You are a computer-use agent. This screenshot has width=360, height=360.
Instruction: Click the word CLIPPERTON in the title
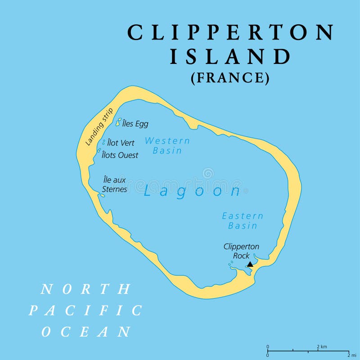[230, 33]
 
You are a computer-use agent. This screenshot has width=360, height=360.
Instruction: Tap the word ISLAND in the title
[230, 57]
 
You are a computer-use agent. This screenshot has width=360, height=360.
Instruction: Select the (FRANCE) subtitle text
[230, 78]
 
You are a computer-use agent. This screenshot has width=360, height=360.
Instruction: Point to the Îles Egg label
[135, 124]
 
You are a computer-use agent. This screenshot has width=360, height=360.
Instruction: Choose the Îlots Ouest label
[120, 155]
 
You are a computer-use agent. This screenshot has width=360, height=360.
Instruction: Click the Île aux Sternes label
[115, 184]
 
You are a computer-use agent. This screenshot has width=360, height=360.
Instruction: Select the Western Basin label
[167, 145]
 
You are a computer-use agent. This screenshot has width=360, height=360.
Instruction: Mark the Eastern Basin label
[243, 221]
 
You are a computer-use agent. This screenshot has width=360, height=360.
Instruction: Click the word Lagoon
[193, 191]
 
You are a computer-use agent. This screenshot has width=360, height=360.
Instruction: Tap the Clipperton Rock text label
[241, 251]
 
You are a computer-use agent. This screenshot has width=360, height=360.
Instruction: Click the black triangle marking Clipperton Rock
[250, 265]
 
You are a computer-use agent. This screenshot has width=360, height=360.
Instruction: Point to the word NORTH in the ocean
[86, 289]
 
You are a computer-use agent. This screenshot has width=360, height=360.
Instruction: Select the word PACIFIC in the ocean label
[85, 310]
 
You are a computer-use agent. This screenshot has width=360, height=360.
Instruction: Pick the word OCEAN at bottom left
[86, 332]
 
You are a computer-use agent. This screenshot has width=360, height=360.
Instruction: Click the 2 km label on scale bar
[321, 346]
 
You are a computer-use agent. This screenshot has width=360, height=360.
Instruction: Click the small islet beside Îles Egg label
[118, 122]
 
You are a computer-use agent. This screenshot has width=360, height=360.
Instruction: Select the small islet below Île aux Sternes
[103, 196]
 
